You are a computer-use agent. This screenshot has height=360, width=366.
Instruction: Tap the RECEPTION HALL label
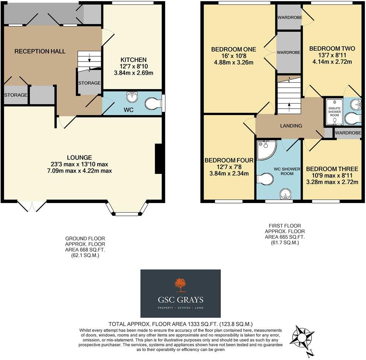(40, 51)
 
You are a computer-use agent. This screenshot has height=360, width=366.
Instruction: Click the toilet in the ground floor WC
(153, 104)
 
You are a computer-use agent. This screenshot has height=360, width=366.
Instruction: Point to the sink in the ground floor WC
(132, 97)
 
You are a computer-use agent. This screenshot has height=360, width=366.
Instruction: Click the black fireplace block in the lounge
(159, 158)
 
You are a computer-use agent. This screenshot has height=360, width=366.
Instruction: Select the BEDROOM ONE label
(233, 49)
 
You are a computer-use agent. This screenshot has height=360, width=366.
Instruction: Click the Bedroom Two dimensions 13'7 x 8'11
(332, 55)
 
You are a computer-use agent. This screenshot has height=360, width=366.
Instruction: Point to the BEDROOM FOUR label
(229, 160)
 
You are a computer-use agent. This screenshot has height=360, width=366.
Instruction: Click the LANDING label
(291, 126)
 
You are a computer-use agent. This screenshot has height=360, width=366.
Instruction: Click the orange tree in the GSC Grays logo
(180, 285)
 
